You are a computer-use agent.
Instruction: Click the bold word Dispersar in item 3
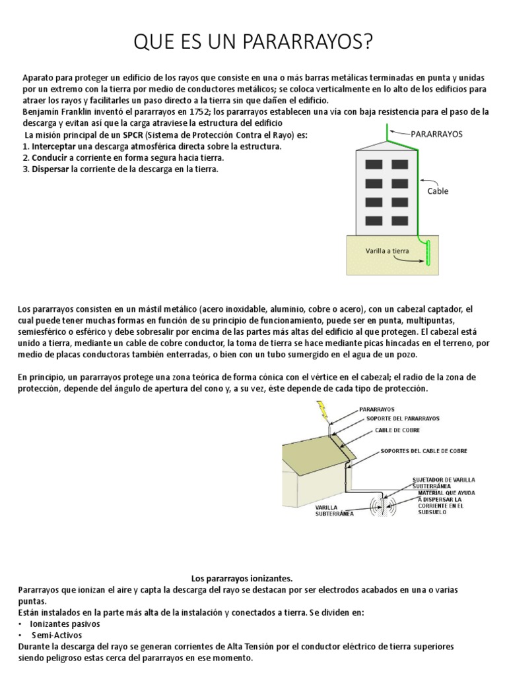pyautogui.click(x=53, y=169)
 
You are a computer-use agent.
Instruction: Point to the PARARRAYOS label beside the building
pyautogui.click(x=437, y=133)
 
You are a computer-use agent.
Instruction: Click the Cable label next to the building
pyautogui.click(x=437, y=191)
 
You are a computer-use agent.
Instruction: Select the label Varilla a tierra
pyautogui.click(x=388, y=251)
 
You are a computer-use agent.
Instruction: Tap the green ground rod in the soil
pyautogui.click(x=426, y=253)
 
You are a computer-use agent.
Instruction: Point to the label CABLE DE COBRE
pyautogui.click(x=398, y=430)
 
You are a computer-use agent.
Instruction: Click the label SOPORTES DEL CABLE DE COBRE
pyautogui.click(x=424, y=452)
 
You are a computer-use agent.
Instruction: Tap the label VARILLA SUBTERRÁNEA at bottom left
pyautogui.click(x=334, y=510)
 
